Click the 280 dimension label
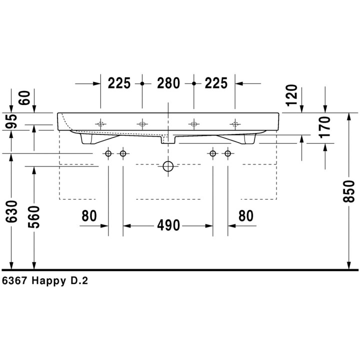(168, 83)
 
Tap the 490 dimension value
(168, 225)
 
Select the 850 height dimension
(349, 191)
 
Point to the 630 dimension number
(11, 211)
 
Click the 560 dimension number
(34, 217)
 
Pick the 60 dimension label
(24, 98)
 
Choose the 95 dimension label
(11, 121)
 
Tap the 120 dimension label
(292, 95)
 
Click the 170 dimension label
(324, 127)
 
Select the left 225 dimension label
(119, 83)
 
